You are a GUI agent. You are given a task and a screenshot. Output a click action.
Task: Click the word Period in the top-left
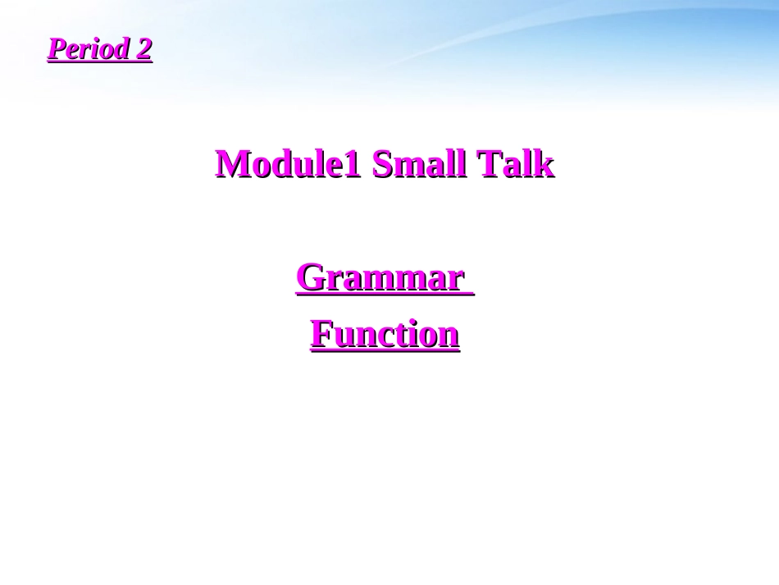[x=87, y=49]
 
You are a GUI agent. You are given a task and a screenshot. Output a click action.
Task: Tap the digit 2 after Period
[x=143, y=49]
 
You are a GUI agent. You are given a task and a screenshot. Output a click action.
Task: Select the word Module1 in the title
[x=288, y=164]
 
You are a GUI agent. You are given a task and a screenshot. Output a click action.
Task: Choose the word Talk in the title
[x=517, y=164]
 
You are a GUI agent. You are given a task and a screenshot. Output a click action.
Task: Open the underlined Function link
[x=385, y=335]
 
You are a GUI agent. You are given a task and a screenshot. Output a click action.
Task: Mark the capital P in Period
[x=56, y=49]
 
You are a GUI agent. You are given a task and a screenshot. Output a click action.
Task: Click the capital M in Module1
[x=232, y=164]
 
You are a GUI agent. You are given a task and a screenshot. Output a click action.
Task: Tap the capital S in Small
[x=382, y=164]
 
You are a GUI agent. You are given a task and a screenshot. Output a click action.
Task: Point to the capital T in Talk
[x=490, y=164]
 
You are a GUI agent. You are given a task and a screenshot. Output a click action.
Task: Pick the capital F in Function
[x=321, y=335]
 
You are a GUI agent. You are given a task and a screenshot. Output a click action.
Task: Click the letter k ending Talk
[x=544, y=164]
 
